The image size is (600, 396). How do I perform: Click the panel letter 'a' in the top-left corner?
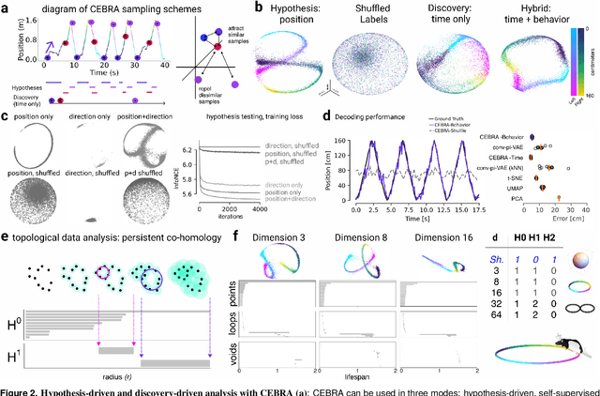(5, 8)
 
